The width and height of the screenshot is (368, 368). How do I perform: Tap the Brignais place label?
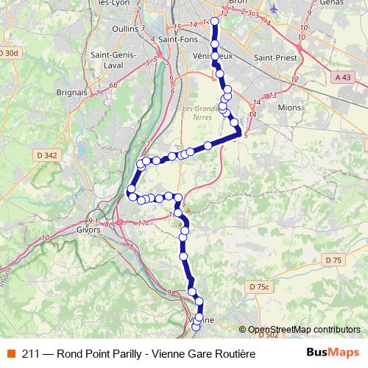click(x=72, y=93)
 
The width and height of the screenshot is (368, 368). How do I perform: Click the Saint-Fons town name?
click(x=177, y=40)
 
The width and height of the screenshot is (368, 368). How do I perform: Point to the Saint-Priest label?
click(x=272, y=56)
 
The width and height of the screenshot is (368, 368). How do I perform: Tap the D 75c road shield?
click(x=260, y=286)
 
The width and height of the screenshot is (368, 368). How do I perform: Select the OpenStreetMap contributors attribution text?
click(x=304, y=330)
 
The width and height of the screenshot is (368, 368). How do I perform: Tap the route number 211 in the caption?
click(x=31, y=354)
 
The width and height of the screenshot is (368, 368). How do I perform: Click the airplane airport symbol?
click(x=275, y=9)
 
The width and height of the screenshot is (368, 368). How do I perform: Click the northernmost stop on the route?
click(x=215, y=21)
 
